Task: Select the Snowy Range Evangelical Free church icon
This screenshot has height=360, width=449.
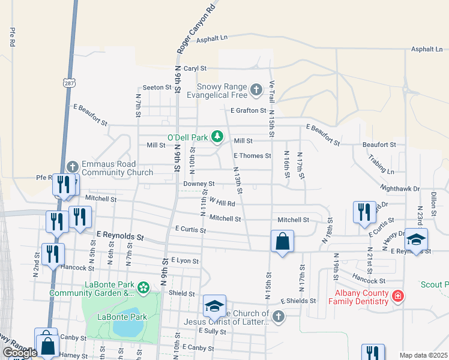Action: tap(256, 90)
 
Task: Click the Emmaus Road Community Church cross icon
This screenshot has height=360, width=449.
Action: tap(73, 166)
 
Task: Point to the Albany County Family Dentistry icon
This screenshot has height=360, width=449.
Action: tap(397, 296)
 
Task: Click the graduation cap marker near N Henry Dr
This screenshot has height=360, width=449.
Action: tap(416, 239)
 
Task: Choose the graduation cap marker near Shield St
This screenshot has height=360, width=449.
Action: tap(214, 306)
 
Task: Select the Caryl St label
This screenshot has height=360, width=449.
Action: tap(195, 69)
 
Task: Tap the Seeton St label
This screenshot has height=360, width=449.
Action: tap(157, 88)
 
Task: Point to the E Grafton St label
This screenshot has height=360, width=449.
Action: tap(249, 110)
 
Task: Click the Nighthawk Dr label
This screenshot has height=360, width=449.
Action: tap(399, 188)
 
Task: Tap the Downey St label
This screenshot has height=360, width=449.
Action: tap(199, 184)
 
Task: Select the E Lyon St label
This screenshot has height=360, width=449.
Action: tap(184, 260)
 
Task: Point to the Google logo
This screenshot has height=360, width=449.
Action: tap(20, 353)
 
